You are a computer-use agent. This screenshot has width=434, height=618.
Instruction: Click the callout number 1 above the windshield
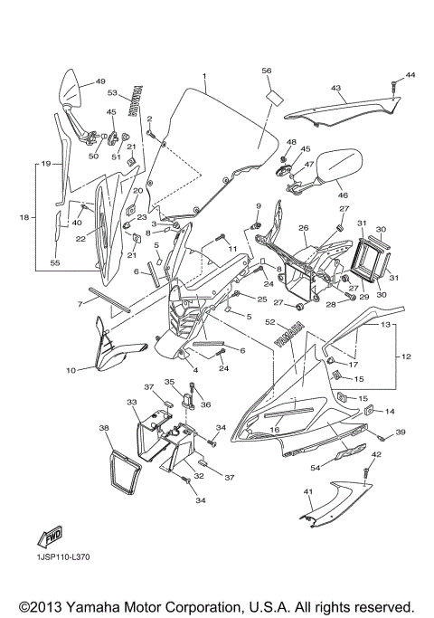tap(204, 76)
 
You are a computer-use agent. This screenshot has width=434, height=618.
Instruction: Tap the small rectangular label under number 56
tap(274, 93)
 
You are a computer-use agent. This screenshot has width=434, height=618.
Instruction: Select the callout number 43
tap(335, 88)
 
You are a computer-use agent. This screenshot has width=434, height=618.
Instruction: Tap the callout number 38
tap(103, 428)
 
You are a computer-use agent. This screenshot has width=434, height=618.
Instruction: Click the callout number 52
tap(270, 321)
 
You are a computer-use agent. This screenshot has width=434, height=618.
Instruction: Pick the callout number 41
tap(307, 491)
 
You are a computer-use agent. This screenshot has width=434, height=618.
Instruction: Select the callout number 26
tap(304, 229)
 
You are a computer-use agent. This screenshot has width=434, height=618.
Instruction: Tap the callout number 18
tap(25, 218)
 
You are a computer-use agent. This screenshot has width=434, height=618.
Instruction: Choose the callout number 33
tap(132, 402)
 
